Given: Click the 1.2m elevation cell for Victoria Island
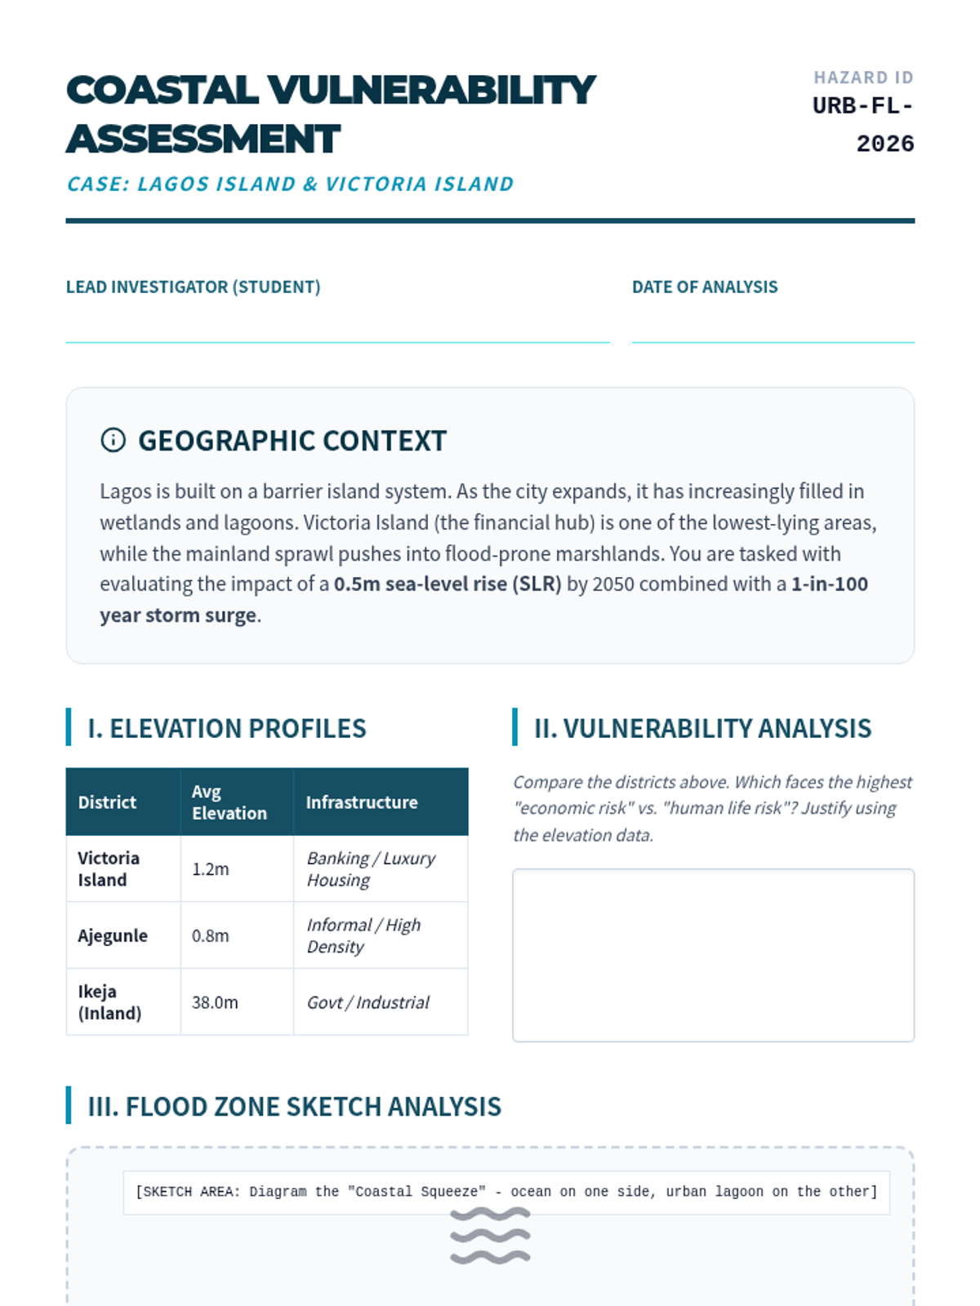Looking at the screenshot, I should pos(211,869).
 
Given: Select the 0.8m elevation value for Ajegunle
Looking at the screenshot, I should pos(211,936).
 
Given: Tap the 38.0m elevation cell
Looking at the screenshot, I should pos(216,1002).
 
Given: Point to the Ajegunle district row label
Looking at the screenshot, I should pos(113,936).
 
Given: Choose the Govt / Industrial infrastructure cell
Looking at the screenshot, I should pos(368,1002).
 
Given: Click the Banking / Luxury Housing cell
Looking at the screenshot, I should pos(372,869).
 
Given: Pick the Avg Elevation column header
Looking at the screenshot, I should pos(229,802).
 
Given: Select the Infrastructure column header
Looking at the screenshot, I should pos(362,802).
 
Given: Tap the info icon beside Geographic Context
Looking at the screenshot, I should pos(113,441).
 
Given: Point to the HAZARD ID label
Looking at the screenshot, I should pos(863,78).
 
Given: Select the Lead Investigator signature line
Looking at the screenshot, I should pos(337,340).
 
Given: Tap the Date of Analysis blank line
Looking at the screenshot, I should pos(773,340).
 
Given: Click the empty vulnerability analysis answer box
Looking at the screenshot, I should pos(713,955).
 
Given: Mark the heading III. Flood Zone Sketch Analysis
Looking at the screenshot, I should pos(294,1107).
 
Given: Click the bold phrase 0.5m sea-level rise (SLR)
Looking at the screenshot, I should pos(448,584).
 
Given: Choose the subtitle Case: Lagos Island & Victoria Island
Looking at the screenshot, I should pos(290,184).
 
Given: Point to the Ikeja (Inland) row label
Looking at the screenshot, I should pos(109,1002).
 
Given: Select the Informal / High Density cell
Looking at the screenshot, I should pos(363,936).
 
